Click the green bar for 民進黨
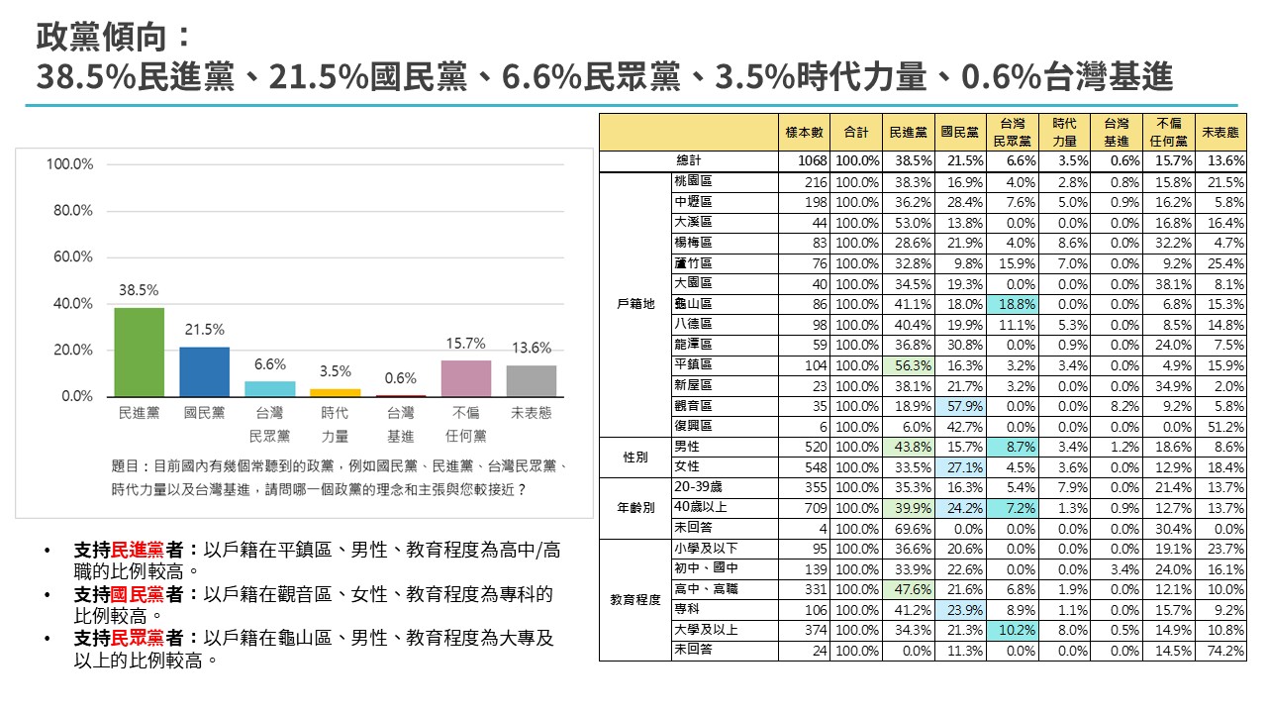[x=140, y=353]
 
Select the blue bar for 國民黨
[x=205, y=372]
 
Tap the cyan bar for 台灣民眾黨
[x=270, y=389]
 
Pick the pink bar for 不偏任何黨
[x=466, y=378]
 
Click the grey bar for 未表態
[x=532, y=381]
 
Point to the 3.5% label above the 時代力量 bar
[x=336, y=371]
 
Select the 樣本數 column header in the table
[x=805, y=132]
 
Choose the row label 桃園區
[x=693, y=181]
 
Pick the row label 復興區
[x=693, y=425]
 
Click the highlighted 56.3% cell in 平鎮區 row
[x=911, y=364]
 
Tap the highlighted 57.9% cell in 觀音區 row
[x=961, y=405]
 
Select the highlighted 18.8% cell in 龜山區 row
[x=1013, y=304]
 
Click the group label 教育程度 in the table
[x=634, y=599]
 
